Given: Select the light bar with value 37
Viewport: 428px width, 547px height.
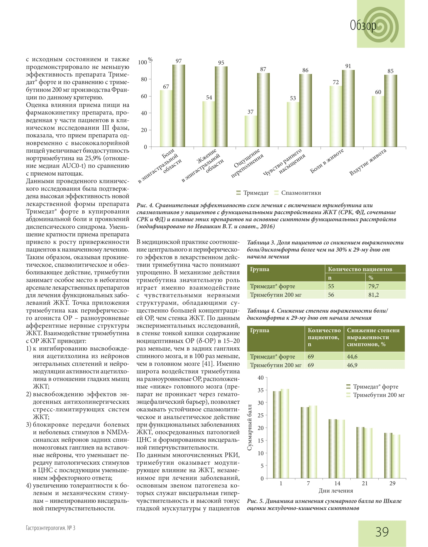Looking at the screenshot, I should coord(251,131).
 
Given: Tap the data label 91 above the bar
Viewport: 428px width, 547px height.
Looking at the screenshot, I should coord(348,66).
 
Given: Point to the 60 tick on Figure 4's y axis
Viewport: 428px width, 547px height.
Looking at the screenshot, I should coord(144,96).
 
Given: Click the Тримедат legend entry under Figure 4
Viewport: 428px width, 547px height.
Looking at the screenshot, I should coord(253,193).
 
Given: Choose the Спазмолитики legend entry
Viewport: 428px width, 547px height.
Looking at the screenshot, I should coord(298,193).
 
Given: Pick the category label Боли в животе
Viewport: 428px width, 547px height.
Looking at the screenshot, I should coord(327,161).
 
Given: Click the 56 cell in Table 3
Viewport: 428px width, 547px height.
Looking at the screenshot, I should coord(331,295).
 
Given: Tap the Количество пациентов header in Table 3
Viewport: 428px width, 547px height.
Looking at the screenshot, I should coord(360,269).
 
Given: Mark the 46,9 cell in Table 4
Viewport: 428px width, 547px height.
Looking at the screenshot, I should coord(352,365).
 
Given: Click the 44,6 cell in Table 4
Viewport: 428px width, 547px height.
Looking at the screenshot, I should coord(352,357).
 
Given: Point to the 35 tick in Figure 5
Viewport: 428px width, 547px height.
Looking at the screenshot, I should coord(260,390).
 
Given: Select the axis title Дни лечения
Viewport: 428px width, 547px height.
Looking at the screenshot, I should coord(335,491).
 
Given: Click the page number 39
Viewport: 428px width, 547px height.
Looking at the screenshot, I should coord(382,532).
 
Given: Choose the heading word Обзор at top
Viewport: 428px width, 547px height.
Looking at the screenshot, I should coord(363,25).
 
